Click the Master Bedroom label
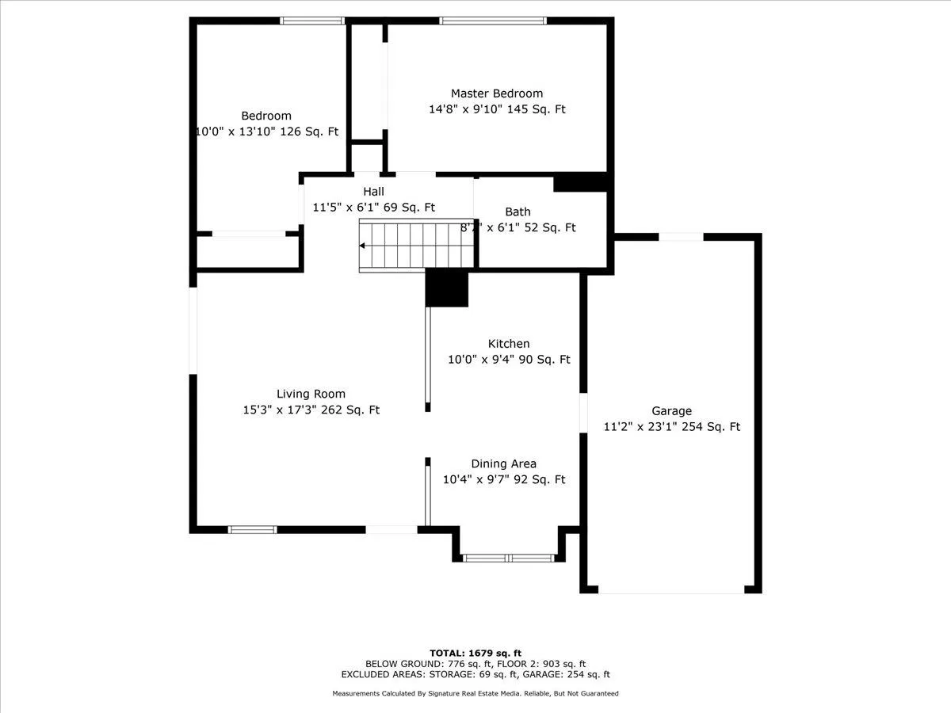coord(497,93)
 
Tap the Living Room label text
coord(311,394)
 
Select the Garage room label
coord(671,411)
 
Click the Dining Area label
coord(503,464)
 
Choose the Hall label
coord(373,192)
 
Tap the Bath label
coord(518,212)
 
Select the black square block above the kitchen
coord(447,288)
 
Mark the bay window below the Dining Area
coord(509,558)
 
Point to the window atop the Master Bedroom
coord(492,21)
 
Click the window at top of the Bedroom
coord(311,21)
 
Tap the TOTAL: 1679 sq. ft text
coord(475,652)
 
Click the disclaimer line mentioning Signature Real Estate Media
coord(475,693)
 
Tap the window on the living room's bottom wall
coord(252,529)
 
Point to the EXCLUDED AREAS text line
coord(475,675)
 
